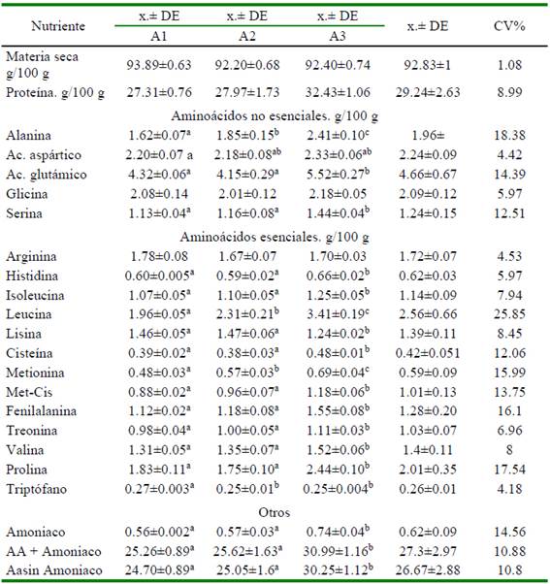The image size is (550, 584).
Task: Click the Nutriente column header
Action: pyautogui.click(x=58, y=26)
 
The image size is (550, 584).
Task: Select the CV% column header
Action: pyautogui.click(x=509, y=26)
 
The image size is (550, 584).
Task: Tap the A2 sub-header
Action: pyautogui.click(x=247, y=37)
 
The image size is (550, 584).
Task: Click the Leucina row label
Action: pyautogui.click(x=29, y=314)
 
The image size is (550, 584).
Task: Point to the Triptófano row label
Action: pyautogui.click(x=36, y=489)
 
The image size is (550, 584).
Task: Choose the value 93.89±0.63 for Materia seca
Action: pyautogui.click(x=159, y=65)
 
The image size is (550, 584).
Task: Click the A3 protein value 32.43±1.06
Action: pyautogui.click(x=338, y=92)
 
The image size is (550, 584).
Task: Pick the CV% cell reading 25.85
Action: pyautogui.click(x=509, y=314)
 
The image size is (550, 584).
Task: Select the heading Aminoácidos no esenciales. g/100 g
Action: pyautogui.click(x=275, y=116)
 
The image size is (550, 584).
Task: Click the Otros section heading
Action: pyautogui.click(x=275, y=512)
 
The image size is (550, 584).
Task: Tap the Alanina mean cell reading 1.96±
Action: pyautogui.click(x=428, y=135)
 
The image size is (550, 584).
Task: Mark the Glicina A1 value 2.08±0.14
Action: pyautogui.click(x=159, y=194)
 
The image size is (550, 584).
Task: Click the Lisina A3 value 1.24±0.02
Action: pyautogui.click(x=338, y=334)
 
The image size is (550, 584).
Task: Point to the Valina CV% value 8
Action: pyautogui.click(x=509, y=450)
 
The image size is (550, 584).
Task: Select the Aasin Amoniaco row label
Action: pyautogui.click(x=54, y=570)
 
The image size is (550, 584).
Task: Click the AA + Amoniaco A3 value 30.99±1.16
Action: pyautogui.click(x=338, y=551)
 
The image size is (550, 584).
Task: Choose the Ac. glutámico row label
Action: pyautogui.click(x=47, y=175)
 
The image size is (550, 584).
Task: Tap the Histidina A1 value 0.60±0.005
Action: pyautogui.click(x=159, y=276)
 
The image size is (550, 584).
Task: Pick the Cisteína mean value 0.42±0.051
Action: pyautogui.click(x=428, y=353)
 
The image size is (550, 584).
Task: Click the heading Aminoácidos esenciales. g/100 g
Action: pyautogui.click(x=275, y=238)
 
